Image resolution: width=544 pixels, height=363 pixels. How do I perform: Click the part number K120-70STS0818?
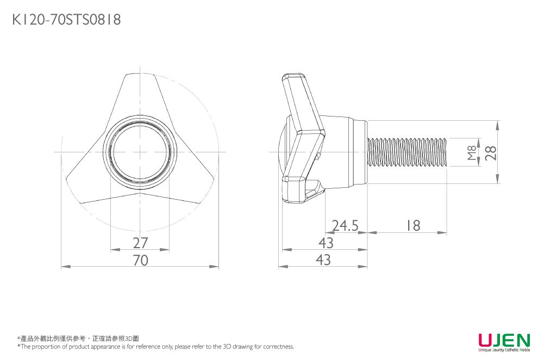pyautogui.click(x=66, y=20)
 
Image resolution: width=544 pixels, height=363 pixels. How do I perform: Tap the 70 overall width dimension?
pyautogui.click(x=140, y=261)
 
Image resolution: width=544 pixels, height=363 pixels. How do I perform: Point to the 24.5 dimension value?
pyautogui.click(x=345, y=225)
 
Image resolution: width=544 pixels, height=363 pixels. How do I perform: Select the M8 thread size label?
pyautogui.click(x=472, y=153)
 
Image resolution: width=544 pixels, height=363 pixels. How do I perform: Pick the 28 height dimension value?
pyautogui.click(x=491, y=153)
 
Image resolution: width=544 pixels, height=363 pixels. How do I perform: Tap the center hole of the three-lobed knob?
pyautogui.click(x=140, y=151)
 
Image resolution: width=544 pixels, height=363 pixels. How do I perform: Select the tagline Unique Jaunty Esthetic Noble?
pyautogui.click(x=504, y=351)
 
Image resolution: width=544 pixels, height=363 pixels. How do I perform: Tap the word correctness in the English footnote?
pyautogui.click(x=279, y=347)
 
